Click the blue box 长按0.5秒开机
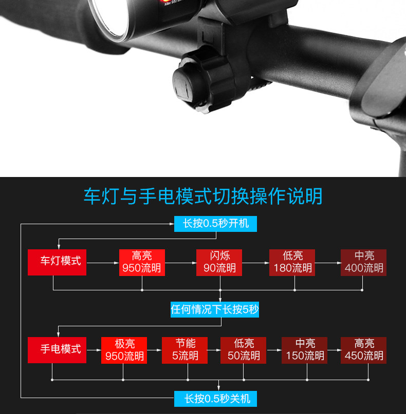pyautogui.click(x=215, y=224)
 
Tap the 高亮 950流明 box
pyautogui.click(x=142, y=262)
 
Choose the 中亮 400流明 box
pyautogui.click(x=364, y=262)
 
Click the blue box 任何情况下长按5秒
pyautogui.click(x=215, y=310)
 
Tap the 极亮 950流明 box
pyautogui.click(x=124, y=350)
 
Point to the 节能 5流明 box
pyautogui.click(x=185, y=350)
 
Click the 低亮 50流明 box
pyautogui.click(x=244, y=350)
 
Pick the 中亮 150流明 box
pyautogui.click(x=305, y=350)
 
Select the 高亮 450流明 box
pyautogui.click(x=364, y=350)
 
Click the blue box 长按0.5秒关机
pyautogui.click(x=215, y=398)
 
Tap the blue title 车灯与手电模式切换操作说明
pyautogui.click(x=203, y=196)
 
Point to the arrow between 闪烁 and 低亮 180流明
pyautogui.click(x=255, y=263)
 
